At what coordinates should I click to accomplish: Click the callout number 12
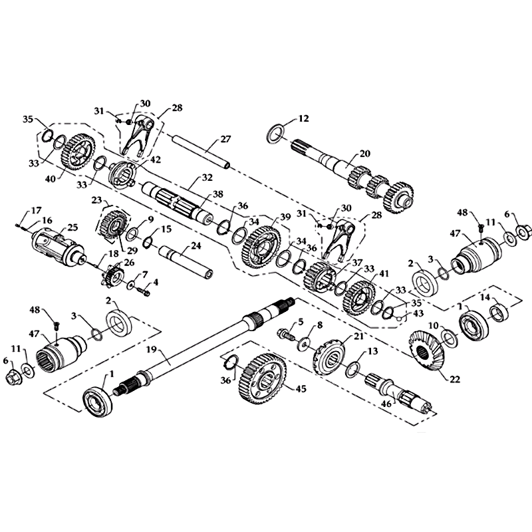tap(304, 118)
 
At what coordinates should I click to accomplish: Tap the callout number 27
tap(225, 139)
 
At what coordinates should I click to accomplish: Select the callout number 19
tap(152, 349)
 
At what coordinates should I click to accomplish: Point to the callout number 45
tap(301, 389)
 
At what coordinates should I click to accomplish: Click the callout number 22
tap(455, 379)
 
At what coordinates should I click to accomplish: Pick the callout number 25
tap(72, 227)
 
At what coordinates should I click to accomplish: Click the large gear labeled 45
tap(262, 378)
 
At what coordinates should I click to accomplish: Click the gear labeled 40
tap(78, 151)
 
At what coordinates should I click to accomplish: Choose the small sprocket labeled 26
tap(111, 275)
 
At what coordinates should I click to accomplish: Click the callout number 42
tap(156, 160)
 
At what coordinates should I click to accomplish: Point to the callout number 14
tap(485, 297)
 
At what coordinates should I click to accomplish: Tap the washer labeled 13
tap(352, 369)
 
